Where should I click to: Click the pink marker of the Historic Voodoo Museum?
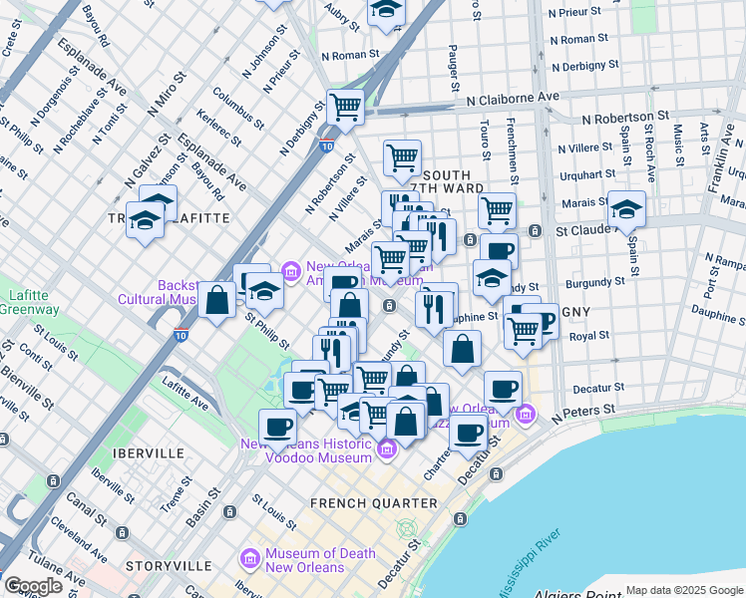pos(388,454)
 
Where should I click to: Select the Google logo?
pos(33,586)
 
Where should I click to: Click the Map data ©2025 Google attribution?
pos(684,590)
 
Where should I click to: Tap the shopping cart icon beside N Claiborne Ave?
pos(345,106)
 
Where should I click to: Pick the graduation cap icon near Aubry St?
pos(385,10)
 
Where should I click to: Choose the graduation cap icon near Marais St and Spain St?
pos(626,208)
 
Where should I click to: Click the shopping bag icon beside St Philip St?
pos(216,300)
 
